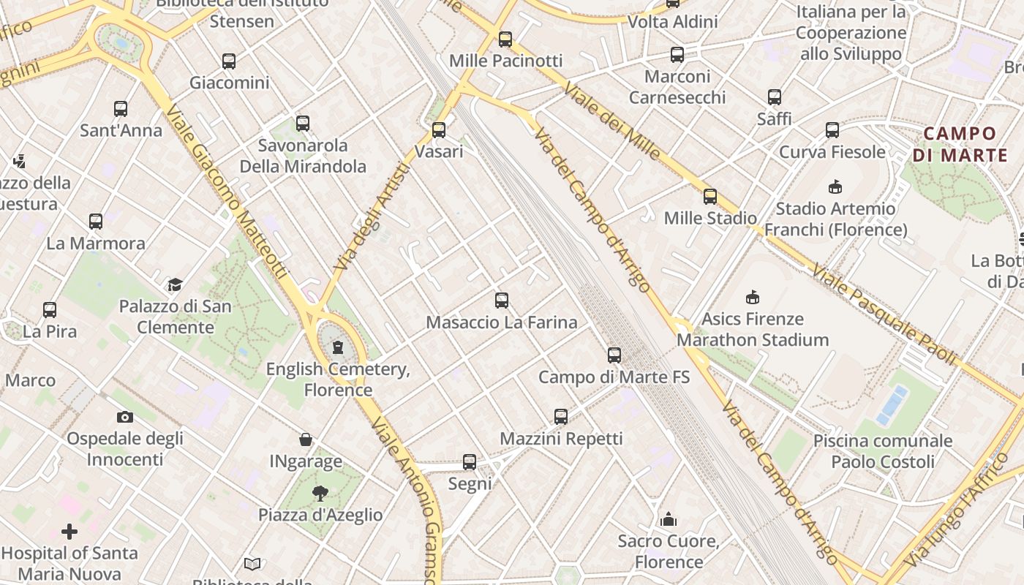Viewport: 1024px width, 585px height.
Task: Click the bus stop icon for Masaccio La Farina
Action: (x=502, y=300)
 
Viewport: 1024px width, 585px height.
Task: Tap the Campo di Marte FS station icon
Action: (x=614, y=355)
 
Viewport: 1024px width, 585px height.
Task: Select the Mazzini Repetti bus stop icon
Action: (x=561, y=417)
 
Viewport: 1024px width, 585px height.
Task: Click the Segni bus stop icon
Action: (x=470, y=462)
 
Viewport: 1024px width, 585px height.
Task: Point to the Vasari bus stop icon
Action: (x=439, y=130)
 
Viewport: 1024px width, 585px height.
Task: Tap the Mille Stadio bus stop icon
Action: (x=710, y=197)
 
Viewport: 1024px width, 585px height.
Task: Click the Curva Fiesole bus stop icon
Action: (x=832, y=130)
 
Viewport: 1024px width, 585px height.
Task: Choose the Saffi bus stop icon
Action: (x=775, y=97)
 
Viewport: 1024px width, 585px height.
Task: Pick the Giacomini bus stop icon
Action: (x=229, y=61)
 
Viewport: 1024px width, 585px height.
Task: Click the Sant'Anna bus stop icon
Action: (x=121, y=109)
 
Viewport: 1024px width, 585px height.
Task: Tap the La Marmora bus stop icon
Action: (x=96, y=222)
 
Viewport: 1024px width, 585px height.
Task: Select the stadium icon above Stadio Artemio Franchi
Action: (x=835, y=187)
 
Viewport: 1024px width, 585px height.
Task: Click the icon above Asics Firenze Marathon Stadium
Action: (x=753, y=297)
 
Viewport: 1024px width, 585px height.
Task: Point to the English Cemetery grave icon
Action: (x=338, y=347)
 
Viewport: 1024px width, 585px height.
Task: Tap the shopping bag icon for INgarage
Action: (x=306, y=439)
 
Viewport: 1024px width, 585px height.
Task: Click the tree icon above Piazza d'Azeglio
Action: (x=320, y=493)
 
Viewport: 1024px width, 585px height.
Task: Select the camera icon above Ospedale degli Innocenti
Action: (x=125, y=417)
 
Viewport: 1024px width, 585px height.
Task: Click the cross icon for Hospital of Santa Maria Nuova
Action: (x=69, y=532)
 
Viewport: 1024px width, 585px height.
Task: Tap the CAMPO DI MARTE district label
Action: (x=960, y=144)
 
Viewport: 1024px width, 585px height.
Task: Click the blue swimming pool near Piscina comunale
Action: (x=893, y=404)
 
